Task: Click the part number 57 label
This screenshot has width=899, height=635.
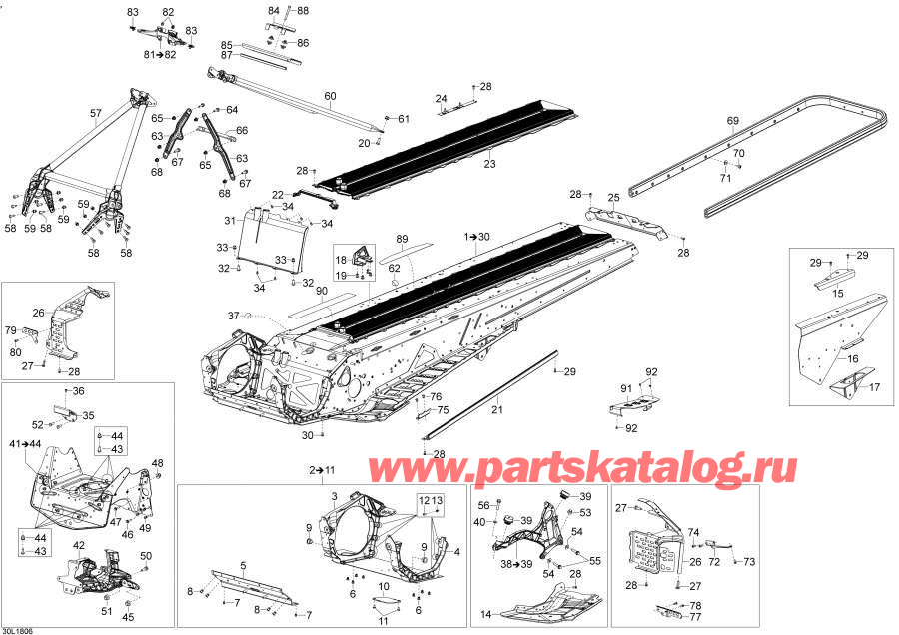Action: [96, 114]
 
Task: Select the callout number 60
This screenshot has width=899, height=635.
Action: [330, 96]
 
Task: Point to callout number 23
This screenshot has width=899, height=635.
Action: [489, 162]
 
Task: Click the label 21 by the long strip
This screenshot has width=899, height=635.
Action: [495, 409]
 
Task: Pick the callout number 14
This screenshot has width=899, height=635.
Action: [486, 613]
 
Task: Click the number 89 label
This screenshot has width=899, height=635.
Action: [402, 239]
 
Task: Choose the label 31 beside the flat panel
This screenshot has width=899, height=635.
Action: [229, 221]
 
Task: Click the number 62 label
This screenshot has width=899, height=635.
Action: [395, 268]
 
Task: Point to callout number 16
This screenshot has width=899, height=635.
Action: [852, 357]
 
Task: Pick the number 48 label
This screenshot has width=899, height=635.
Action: [157, 462]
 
